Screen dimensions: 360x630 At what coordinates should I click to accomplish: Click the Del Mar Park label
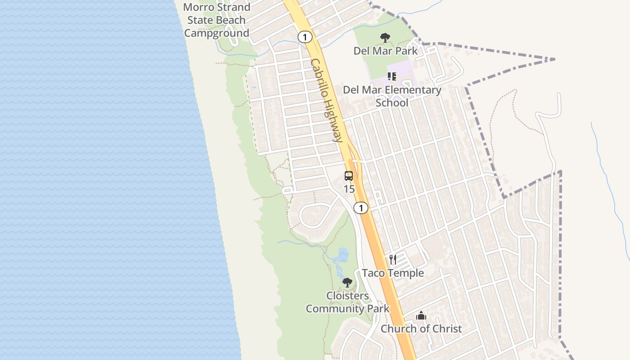coord(385,50)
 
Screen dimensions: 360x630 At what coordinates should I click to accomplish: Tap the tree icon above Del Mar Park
coord(385,38)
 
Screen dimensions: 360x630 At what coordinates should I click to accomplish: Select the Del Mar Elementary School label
coord(392,96)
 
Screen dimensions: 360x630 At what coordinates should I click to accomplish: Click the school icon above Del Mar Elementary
coord(391,76)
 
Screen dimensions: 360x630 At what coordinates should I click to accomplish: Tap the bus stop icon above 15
coord(349,176)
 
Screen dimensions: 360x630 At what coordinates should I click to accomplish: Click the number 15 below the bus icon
coord(349,189)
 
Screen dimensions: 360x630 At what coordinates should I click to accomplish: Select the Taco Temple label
coord(393,273)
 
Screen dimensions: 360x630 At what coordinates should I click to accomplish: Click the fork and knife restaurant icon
coord(393,260)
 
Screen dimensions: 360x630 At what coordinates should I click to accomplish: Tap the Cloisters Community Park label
coord(347,302)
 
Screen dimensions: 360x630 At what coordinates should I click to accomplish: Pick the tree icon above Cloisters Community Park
coord(347,283)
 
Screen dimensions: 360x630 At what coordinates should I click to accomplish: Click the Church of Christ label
coord(421,328)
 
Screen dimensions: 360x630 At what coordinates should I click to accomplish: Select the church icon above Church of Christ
coord(421,315)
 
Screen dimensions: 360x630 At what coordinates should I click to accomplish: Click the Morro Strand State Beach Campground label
coord(216,20)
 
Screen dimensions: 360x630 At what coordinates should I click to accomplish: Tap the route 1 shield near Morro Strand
coord(305,37)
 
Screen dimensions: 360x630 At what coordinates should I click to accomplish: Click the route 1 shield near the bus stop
coord(360,208)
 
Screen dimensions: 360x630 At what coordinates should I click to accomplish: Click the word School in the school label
coord(392,103)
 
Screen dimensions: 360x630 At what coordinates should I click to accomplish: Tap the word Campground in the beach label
coord(216,33)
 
